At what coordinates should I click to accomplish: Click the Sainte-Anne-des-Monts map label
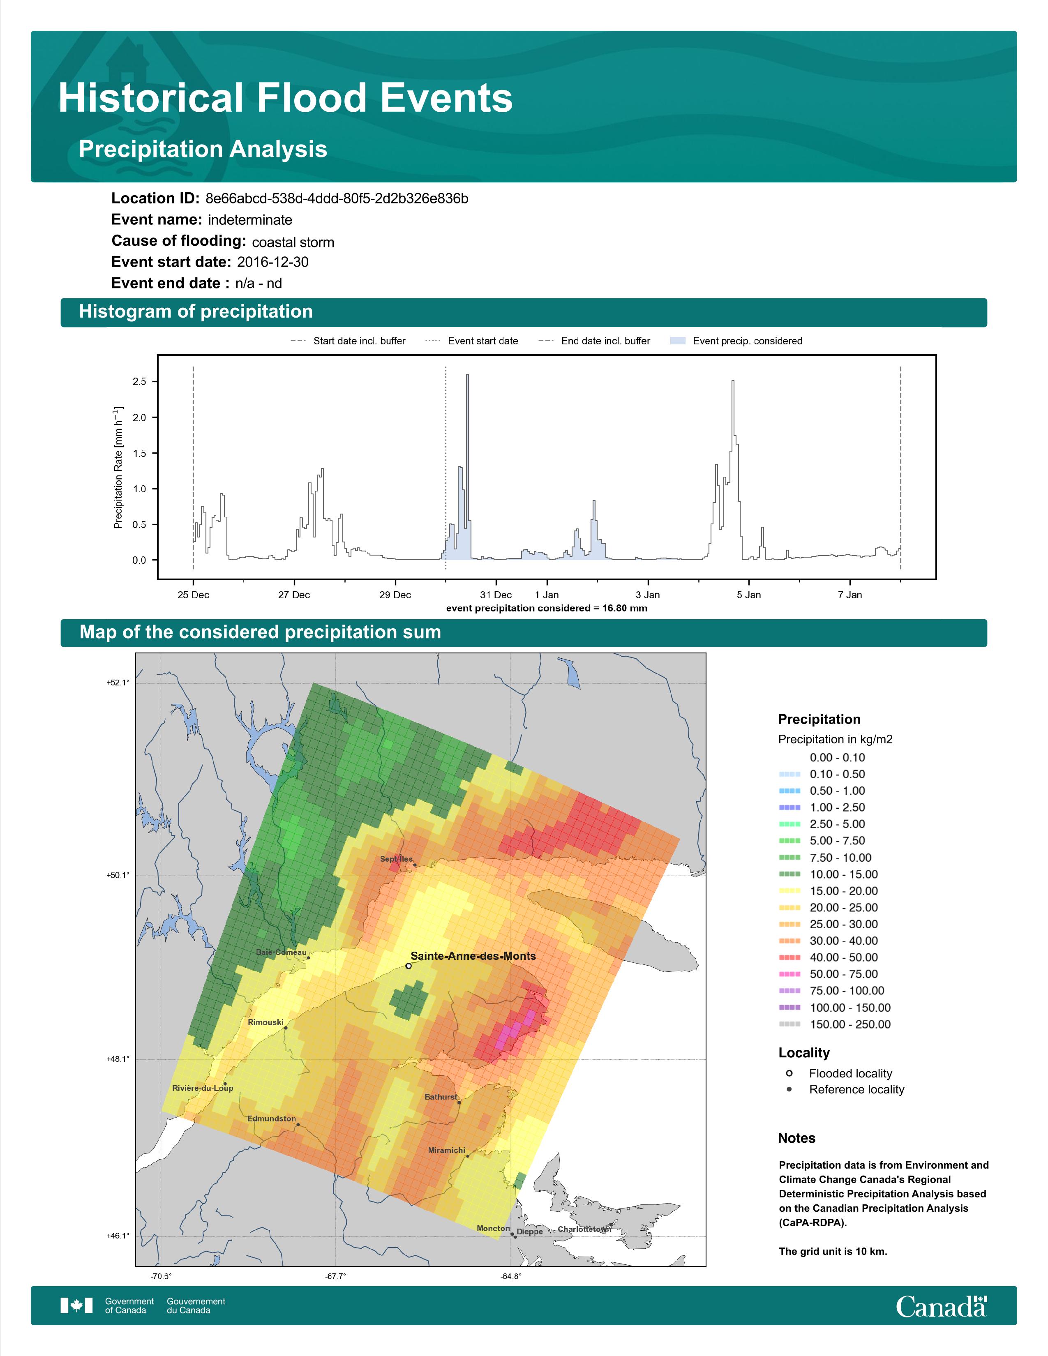[473, 956]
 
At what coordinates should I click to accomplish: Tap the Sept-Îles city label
[396, 859]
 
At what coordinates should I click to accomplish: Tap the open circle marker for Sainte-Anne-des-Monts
[408, 966]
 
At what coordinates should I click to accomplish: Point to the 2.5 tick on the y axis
[139, 381]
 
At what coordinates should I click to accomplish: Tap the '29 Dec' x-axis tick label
[395, 595]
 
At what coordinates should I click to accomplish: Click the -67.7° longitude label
[336, 1277]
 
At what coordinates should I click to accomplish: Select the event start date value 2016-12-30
[272, 262]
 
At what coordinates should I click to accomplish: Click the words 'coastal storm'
[293, 242]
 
